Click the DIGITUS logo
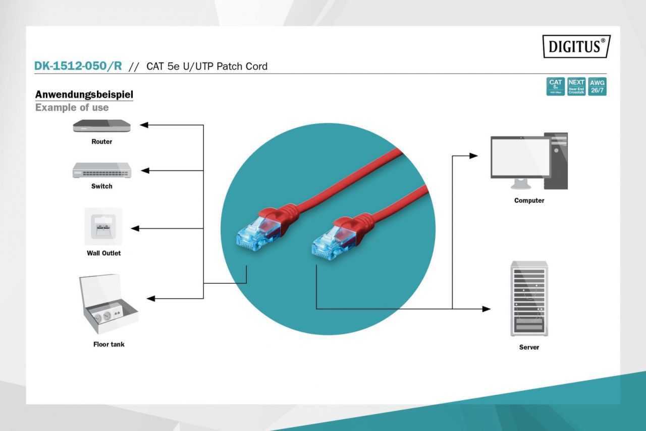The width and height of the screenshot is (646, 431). pyautogui.click(x=576, y=47)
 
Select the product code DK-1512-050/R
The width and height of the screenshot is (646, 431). pyautogui.click(x=78, y=66)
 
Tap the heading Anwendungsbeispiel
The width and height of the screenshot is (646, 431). pyautogui.click(x=84, y=94)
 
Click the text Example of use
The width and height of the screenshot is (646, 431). pyautogui.click(x=72, y=108)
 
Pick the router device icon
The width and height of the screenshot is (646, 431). pyautogui.click(x=101, y=126)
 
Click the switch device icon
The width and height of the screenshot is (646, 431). pyautogui.click(x=101, y=170)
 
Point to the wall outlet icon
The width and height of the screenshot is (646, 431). pyautogui.click(x=103, y=226)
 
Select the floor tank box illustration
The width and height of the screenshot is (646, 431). pyautogui.click(x=108, y=305)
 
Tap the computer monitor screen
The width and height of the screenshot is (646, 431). pyautogui.click(x=520, y=156)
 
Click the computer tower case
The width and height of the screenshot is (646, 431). pyautogui.click(x=556, y=161)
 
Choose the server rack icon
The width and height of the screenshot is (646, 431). pyautogui.click(x=529, y=299)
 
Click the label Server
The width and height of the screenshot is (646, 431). pyautogui.click(x=529, y=347)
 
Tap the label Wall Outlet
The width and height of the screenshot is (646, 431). pyautogui.click(x=103, y=253)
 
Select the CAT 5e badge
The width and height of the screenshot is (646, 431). pyautogui.click(x=555, y=86)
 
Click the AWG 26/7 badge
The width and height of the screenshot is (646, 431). pyautogui.click(x=598, y=86)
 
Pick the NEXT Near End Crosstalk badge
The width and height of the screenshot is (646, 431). pyautogui.click(x=576, y=86)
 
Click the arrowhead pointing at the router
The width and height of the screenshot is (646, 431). pyautogui.click(x=144, y=125)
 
